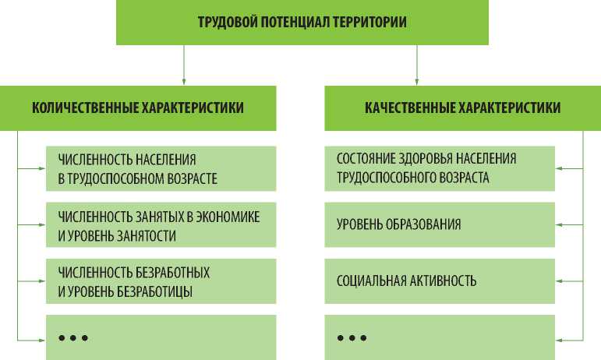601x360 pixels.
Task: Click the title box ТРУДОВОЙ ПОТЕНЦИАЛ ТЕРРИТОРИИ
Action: tap(302, 22)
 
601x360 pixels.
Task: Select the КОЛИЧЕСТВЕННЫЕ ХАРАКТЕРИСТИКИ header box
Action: tap(137, 108)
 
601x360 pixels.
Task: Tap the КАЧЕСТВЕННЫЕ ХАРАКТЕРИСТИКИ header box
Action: tap(462, 108)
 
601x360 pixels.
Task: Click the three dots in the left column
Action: tap(73, 337)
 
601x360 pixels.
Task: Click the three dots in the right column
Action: tap(352, 337)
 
